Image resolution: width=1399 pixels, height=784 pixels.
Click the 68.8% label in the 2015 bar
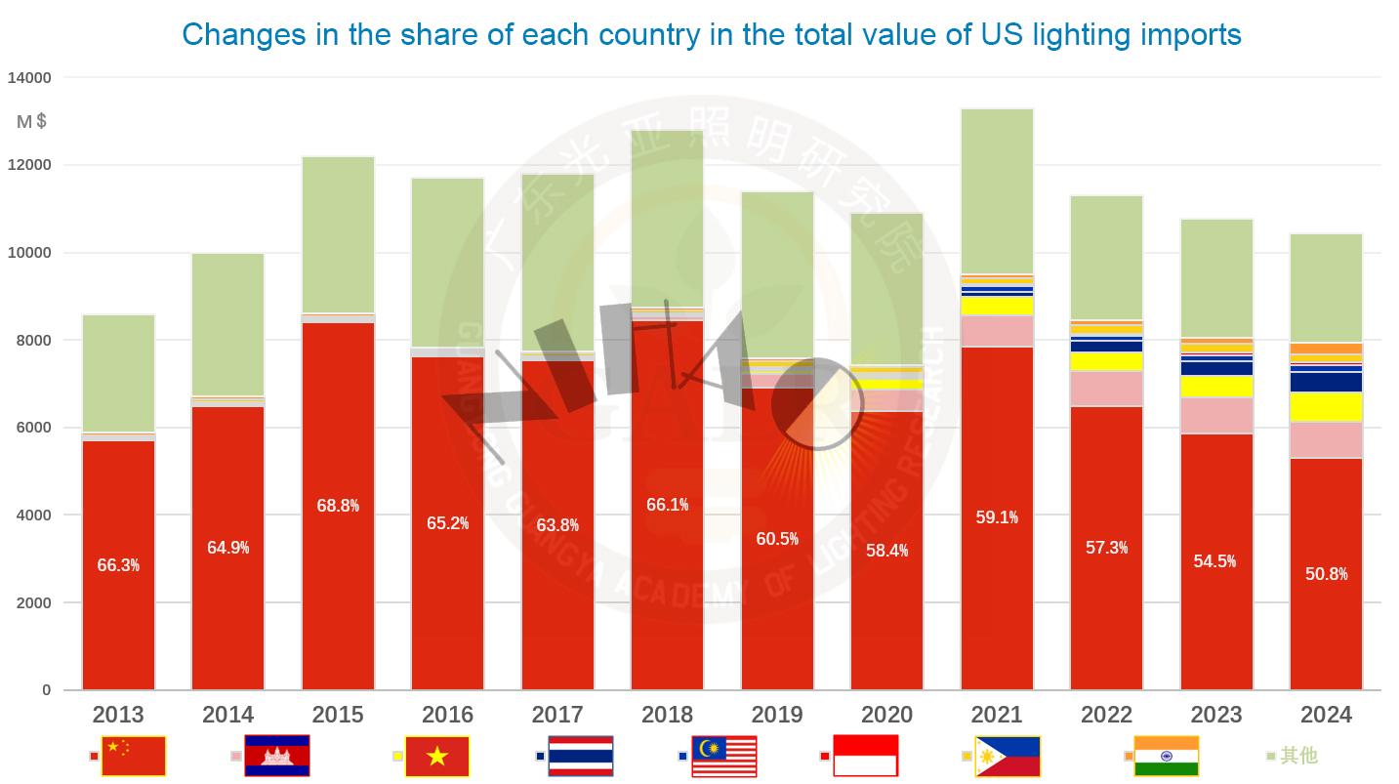(x=338, y=506)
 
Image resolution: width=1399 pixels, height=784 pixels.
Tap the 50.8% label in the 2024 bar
(x=1326, y=574)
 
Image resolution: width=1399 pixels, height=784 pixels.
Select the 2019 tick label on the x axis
(x=777, y=716)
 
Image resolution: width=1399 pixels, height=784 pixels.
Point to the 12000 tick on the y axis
(x=30, y=165)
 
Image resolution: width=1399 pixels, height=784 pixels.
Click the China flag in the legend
(x=134, y=756)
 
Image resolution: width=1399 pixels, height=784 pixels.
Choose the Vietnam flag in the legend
(x=436, y=756)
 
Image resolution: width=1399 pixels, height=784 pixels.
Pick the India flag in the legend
(x=1166, y=756)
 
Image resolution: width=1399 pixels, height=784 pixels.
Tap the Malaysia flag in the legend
(x=723, y=756)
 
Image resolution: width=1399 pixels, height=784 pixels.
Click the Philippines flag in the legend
(x=1007, y=756)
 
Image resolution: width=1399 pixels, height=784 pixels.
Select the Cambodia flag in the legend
(x=276, y=756)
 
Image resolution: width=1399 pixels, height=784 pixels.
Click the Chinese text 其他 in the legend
(x=1298, y=756)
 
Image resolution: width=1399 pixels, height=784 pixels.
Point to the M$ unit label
(x=32, y=122)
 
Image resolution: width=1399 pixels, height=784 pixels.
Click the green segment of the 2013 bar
(x=118, y=373)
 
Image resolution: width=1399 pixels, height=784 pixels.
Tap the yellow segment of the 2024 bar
(x=1326, y=406)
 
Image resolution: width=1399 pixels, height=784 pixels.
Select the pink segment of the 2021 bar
(x=997, y=331)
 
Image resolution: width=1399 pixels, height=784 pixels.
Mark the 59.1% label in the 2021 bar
(x=997, y=517)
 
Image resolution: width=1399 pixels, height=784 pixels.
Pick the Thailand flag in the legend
(x=580, y=756)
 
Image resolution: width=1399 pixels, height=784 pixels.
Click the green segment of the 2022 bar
(x=1106, y=258)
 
